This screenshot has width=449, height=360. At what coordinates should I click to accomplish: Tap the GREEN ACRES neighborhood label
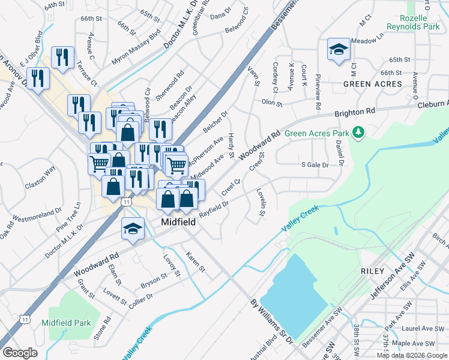pos(372,84)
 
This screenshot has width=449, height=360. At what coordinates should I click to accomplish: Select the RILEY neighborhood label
pos(372,271)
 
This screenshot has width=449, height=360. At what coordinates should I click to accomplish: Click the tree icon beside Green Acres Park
pos(359,131)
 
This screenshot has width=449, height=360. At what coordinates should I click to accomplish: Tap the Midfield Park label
pos(66,323)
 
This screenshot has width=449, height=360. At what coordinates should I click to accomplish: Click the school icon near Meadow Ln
pos(339,49)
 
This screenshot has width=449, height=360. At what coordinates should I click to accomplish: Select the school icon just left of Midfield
pos(133,228)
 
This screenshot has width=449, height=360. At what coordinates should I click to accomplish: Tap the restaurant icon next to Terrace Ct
pos(62,57)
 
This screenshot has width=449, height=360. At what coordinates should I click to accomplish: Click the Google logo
pos(20,353)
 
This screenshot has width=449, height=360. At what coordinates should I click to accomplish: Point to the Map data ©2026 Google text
pos(411,356)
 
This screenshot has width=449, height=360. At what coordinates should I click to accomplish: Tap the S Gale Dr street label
pos(315,164)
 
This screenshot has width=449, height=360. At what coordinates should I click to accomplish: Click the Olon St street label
pos(271,103)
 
